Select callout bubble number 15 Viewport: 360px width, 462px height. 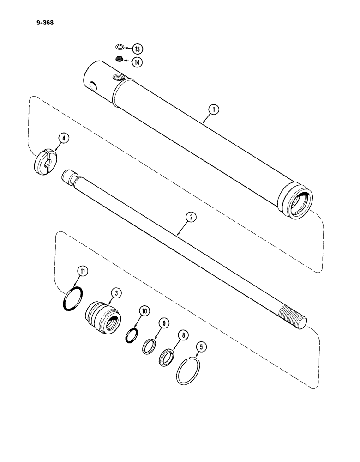pos(137,49)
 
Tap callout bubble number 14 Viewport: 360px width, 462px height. pos(137,61)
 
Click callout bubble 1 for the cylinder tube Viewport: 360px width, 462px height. pos(213,110)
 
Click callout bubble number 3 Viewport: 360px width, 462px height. pos(117,292)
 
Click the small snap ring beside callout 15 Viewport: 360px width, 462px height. pos(119,46)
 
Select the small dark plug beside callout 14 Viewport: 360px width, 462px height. pos(120,59)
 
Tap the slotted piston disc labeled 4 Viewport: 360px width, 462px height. pos(46,160)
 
